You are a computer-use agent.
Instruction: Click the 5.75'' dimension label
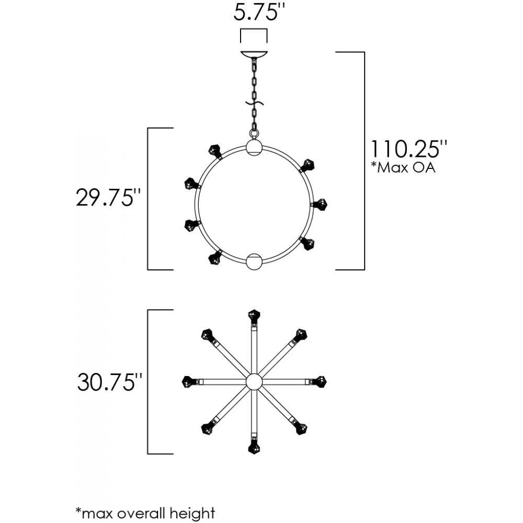(255, 13)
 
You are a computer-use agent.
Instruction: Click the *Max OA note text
(404, 167)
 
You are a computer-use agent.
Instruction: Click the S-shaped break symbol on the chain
(254, 104)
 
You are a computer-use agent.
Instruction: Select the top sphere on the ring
(254, 147)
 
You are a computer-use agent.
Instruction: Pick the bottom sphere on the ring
(254, 261)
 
